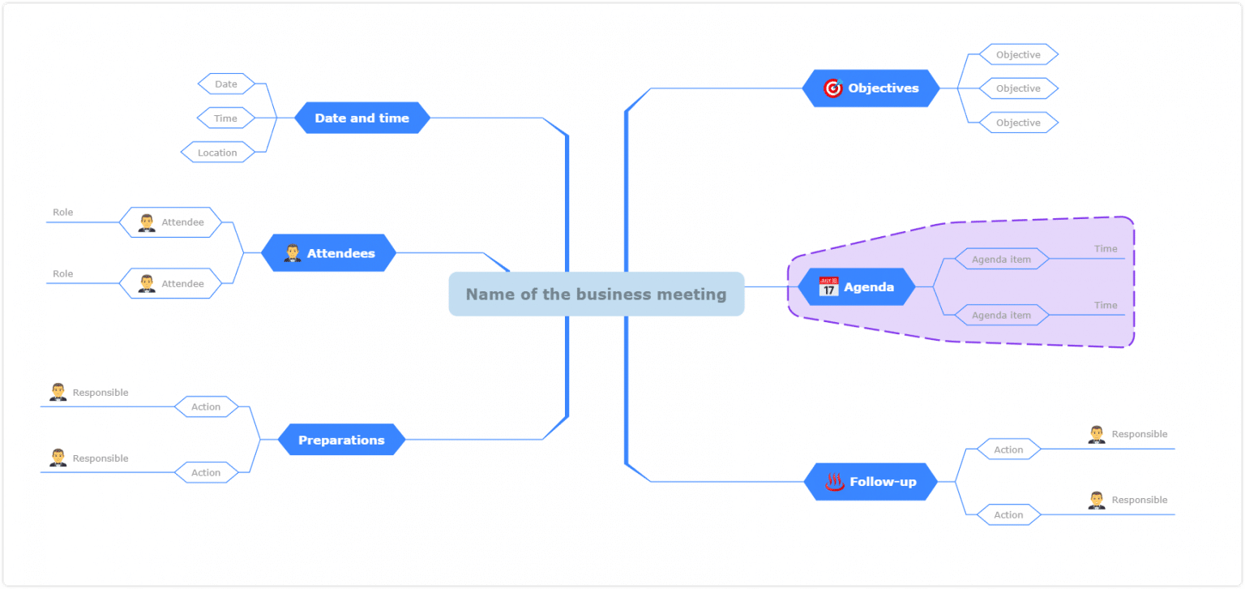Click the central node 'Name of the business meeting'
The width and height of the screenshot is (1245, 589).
click(596, 294)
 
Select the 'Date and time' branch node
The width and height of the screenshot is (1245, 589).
click(362, 118)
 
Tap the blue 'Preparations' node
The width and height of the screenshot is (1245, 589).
click(341, 440)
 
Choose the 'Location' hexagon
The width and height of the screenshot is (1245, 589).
click(217, 153)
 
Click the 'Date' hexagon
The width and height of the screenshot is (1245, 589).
click(226, 84)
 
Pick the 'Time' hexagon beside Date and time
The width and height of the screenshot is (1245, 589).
click(225, 118)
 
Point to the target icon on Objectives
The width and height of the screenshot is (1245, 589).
click(832, 88)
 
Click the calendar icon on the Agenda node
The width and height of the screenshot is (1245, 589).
click(828, 287)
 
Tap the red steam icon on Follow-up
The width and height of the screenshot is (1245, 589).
click(835, 482)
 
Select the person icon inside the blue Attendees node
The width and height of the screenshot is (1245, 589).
click(293, 253)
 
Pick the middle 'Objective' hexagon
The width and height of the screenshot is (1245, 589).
click(1018, 88)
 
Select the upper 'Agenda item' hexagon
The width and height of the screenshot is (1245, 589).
click(1001, 260)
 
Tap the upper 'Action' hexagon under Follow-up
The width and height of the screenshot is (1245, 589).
click(1008, 449)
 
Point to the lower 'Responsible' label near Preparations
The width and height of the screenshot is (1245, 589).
click(101, 458)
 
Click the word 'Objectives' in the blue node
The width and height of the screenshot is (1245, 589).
click(883, 88)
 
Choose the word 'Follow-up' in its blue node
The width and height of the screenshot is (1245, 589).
click(883, 482)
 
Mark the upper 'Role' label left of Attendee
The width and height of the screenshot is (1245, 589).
click(63, 213)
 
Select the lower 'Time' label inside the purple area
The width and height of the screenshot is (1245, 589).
click(1106, 305)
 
